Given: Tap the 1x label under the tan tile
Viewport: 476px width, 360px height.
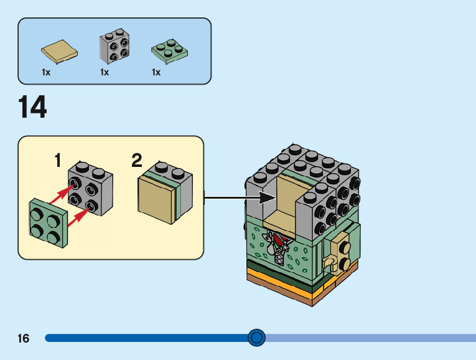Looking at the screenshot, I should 45,72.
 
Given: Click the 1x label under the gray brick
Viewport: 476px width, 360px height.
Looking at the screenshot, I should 105,72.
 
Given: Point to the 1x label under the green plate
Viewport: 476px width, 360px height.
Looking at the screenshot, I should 156,72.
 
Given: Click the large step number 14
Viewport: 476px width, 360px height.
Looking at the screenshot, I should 32,107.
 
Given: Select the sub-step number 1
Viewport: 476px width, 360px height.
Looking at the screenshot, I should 58,161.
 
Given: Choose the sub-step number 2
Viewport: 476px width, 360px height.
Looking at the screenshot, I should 137,161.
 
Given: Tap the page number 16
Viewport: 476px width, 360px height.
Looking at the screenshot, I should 24,339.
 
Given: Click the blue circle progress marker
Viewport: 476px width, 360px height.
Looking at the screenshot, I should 256,338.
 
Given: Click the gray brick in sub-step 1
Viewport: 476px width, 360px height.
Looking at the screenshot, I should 91,187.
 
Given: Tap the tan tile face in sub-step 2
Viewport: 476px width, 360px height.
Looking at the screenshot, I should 158,199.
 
